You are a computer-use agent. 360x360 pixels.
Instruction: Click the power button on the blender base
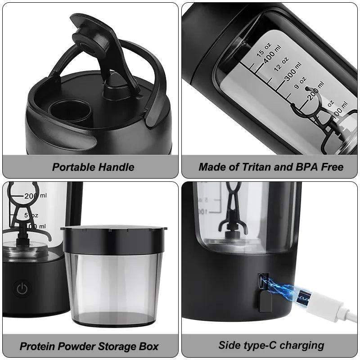pyautogui.click(x=22, y=288)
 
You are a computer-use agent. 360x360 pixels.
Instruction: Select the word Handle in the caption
pyautogui.click(x=117, y=167)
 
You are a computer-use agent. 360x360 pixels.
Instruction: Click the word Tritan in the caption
pyautogui.click(x=252, y=167)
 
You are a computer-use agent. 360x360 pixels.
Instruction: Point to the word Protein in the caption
pyautogui.click(x=40, y=346)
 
